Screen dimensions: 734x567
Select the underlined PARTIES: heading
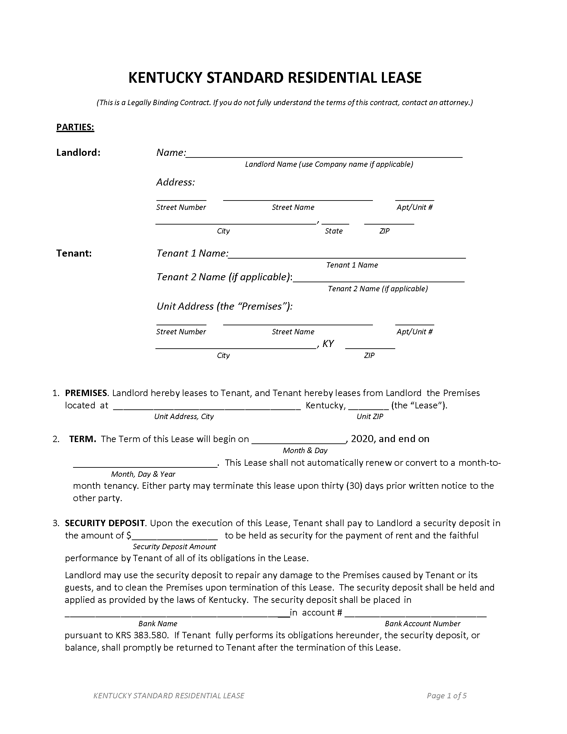point(75,127)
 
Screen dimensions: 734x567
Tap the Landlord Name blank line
point(324,156)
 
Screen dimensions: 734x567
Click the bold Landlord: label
point(78,152)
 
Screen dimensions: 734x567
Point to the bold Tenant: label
point(74,253)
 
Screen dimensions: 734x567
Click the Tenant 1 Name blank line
point(347,257)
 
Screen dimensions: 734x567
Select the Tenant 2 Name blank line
point(379,281)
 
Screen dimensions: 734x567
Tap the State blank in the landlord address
point(335,223)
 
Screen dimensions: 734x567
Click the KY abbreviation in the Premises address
point(328,343)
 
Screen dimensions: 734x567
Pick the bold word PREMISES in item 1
point(86,393)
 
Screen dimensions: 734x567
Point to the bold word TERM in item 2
point(83,439)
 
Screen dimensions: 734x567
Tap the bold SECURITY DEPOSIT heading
point(105,523)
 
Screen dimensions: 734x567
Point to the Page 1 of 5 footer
point(446,696)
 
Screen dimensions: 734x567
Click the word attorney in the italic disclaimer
point(456,102)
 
